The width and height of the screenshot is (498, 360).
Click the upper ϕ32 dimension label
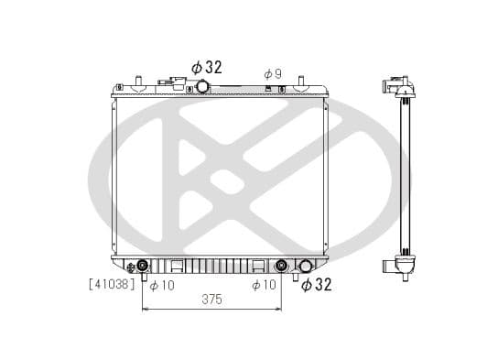click(207, 67)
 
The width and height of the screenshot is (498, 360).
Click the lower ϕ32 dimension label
click(317, 285)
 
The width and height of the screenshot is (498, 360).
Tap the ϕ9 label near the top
click(272, 73)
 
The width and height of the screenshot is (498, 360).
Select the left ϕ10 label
click(162, 286)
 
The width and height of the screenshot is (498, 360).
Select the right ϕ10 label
click(265, 286)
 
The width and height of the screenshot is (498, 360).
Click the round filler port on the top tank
click(202, 87)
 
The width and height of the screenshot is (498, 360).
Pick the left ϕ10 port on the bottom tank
click(143, 267)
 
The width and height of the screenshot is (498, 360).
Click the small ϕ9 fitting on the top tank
click(267, 89)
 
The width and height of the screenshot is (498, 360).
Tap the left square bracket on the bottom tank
click(179, 267)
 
